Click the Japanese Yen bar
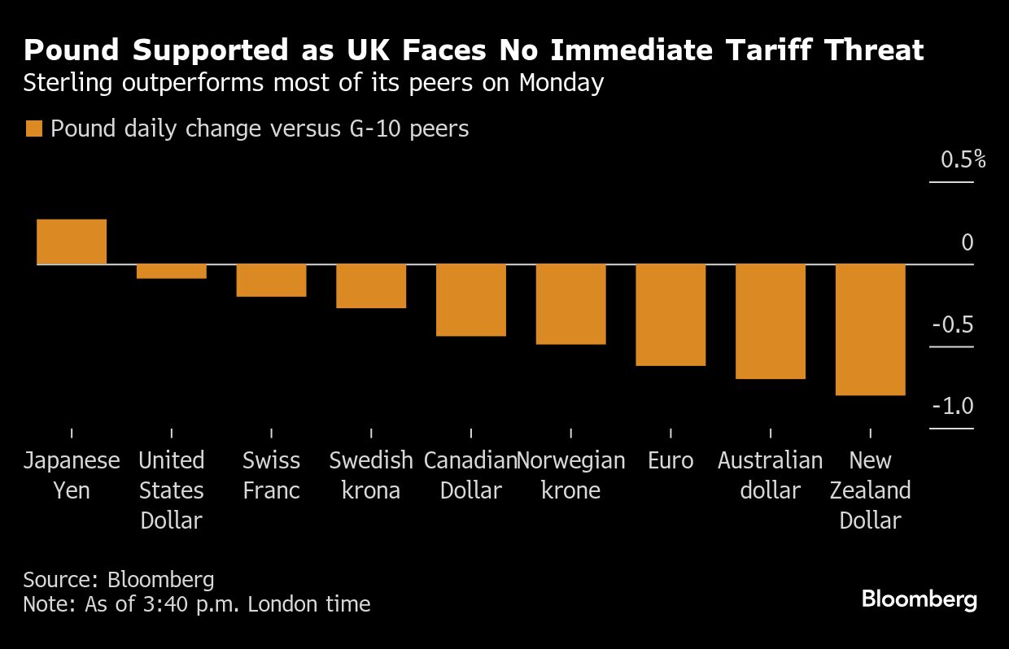pyautogui.click(x=72, y=242)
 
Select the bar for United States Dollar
pyautogui.click(x=172, y=272)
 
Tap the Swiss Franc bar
pyautogui.click(x=271, y=281)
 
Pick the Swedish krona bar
pyautogui.click(x=371, y=286)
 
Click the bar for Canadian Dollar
pyautogui.click(x=471, y=300)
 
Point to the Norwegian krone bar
pyautogui.click(x=570, y=304)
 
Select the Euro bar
pyautogui.click(x=670, y=315)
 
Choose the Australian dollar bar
pyautogui.click(x=771, y=321)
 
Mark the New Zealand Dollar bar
pyautogui.click(x=871, y=329)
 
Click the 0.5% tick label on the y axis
pyautogui.click(x=963, y=159)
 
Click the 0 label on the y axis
pyautogui.click(x=967, y=242)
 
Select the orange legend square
pyautogui.click(x=33, y=128)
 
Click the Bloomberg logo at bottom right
pyautogui.click(x=919, y=600)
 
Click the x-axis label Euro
pyautogui.click(x=670, y=461)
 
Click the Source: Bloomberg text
pyautogui.click(x=119, y=580)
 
